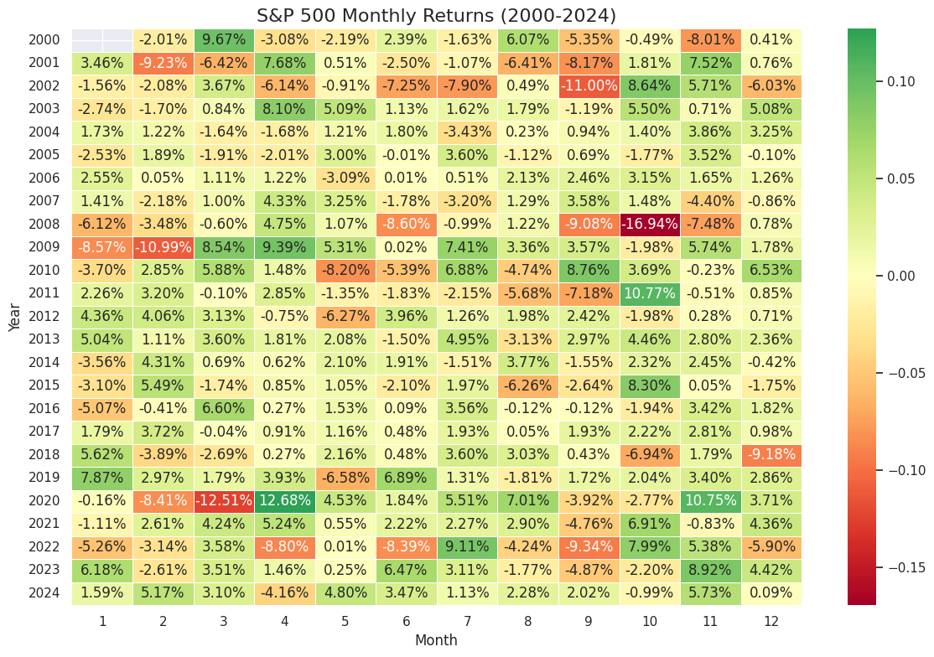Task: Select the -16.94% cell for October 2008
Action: [649, 225]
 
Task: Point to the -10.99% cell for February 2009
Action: [163, 246]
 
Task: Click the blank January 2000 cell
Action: [102, 39]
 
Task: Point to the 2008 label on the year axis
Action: [44, 225]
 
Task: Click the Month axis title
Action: [436, 640]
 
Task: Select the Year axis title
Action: [15, 318]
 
